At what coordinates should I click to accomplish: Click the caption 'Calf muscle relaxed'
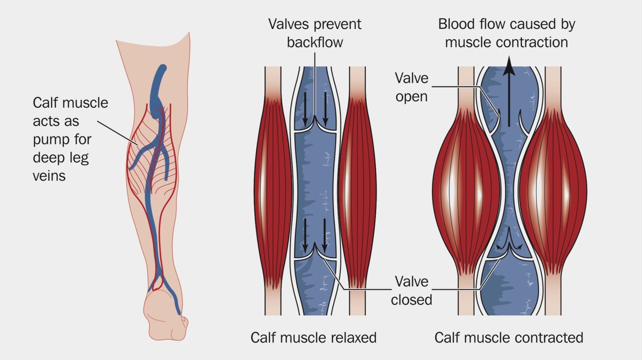[x=313, y=337]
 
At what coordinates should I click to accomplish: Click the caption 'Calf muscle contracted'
[x=508, y=337]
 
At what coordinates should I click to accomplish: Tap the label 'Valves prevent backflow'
[x=315, y=33]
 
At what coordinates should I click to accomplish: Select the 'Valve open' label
[x=411, y=87]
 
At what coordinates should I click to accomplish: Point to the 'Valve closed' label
[x=411, y=291]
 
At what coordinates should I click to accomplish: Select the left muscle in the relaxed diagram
[x=273, y=190]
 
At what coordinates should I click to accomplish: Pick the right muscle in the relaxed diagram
[x=357, y=190]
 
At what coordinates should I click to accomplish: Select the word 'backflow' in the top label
[x=315, y=42]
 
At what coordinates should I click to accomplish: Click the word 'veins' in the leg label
[x=49, y=176]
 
